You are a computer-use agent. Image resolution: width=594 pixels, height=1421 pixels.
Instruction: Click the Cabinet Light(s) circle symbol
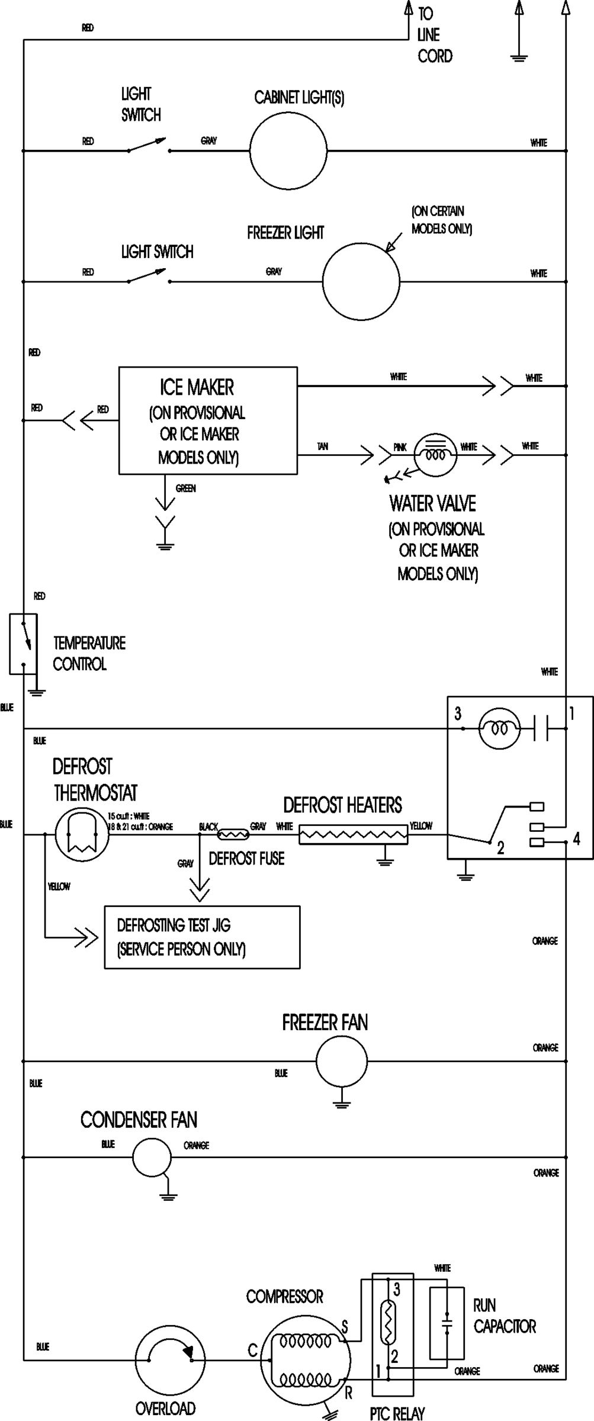(x=288, y=150)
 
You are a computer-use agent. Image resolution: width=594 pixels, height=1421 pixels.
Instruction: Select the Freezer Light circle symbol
(x=361, y=281)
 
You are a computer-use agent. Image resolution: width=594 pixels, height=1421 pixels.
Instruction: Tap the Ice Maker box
(x=208, y=420)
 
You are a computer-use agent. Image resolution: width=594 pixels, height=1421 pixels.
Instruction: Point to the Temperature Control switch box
(x=23, y=644)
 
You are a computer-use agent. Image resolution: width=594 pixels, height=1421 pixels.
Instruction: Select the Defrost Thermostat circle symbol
(x=82, y=835)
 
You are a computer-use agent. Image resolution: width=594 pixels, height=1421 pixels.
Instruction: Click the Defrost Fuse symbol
(x=233, y=835)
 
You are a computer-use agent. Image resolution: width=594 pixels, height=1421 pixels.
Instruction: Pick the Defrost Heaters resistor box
(x=354, y=835)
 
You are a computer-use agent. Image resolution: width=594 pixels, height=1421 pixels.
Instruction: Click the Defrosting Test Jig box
(x=202, y=937)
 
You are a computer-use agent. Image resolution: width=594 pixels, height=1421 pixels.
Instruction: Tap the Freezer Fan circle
(x=341, y=1062)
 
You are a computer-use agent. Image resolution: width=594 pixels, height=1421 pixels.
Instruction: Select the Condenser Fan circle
(x=152, y=1157)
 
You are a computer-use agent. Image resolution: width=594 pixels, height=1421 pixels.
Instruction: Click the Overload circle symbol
(x=170, y=1361)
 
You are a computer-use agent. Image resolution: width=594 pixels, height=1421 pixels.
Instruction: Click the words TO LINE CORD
(x=434, y=35)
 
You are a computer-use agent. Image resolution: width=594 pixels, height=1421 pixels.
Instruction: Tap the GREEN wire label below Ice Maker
(x=185, y=488)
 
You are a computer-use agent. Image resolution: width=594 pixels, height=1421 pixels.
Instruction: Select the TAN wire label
(x=322, y=446)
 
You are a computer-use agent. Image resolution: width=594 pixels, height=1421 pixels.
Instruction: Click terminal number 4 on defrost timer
(x=576, y=838)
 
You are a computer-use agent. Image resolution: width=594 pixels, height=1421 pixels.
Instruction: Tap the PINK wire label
(x=400, y=448)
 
